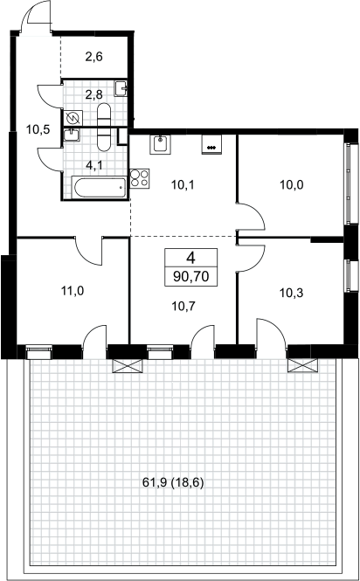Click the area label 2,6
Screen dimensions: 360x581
click(x=93, y=57)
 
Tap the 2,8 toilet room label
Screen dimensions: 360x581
click(x=93, y=95)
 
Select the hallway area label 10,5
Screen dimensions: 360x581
click(x=38, y=129)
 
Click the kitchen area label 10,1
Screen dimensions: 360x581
click(x=183, y=184)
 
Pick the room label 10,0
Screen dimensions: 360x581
click(x=292, y=184)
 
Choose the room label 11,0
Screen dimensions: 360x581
click(x=73, y=291)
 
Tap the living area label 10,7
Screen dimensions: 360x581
click(x=183, y=306)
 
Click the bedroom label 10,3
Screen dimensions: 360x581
click(x=291, y=293)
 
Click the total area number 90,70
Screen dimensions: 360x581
click(x=190, y=277)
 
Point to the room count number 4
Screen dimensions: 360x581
click(x=190, y=258)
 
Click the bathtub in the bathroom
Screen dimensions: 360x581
click(x=100, y=188)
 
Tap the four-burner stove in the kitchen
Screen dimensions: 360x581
click(x=140, y=178)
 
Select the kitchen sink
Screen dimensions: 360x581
click(x=161, y=144)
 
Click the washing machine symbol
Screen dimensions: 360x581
click(x=73, y=119)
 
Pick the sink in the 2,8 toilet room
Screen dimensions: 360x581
click(x=121, y=88)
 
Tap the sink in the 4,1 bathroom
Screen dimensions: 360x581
click(x=71, y=135)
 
